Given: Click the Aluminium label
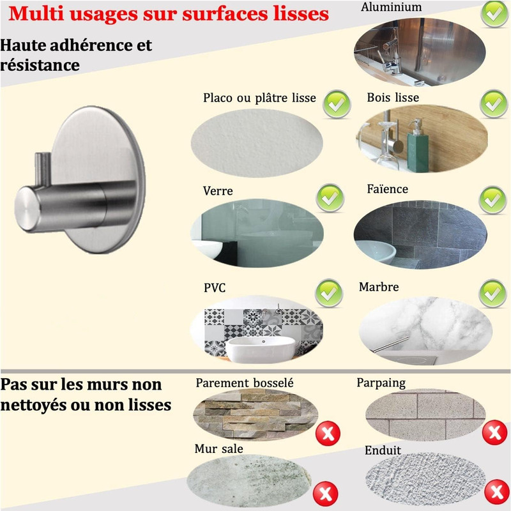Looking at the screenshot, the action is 391,7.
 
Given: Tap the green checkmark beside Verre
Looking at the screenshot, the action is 330,198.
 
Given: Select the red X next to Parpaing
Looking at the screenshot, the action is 494,432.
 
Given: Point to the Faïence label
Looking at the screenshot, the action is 388,188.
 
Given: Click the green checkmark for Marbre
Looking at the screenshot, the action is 492,293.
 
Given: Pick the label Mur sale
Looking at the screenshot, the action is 218,449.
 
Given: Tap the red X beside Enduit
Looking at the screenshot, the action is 497,491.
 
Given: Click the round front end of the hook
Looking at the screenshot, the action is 27,209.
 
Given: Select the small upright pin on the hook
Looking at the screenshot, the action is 43,169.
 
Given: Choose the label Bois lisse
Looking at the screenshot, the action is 393,98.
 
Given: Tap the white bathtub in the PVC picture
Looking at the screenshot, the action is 260,349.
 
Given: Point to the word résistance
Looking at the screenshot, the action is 40,65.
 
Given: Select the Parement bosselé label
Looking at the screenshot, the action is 245,383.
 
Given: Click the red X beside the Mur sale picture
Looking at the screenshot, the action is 325,493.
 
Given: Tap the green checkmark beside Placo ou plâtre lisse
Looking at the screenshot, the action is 337,104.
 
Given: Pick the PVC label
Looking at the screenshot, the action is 215,288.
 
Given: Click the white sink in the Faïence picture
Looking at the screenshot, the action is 375,251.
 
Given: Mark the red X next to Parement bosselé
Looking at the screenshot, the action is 328,433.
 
